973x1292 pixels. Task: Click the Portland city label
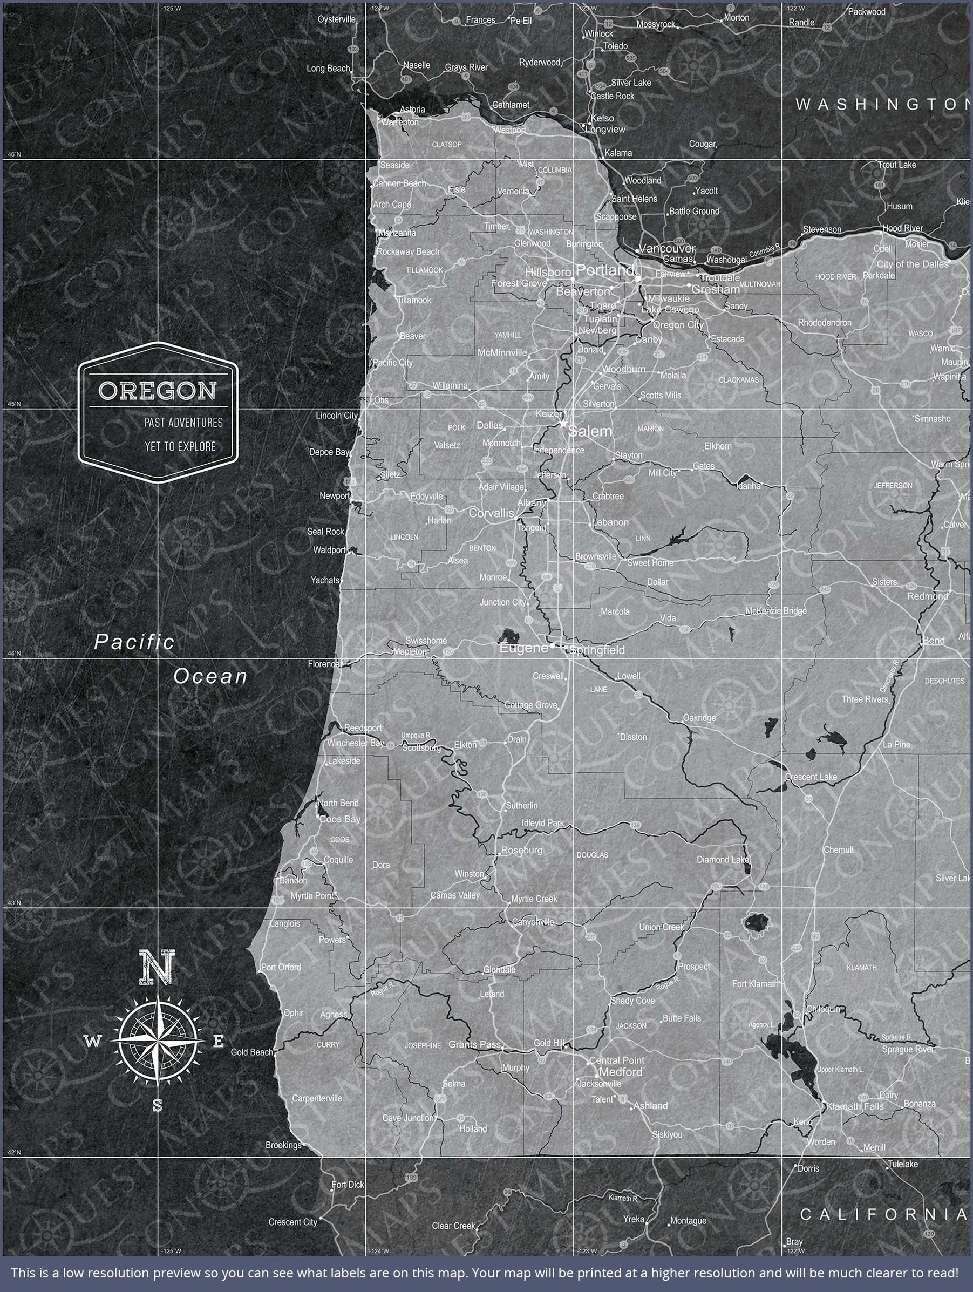tap(604, 270)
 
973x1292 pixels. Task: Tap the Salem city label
tap(590, 431)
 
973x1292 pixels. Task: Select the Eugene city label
tap(523, 648)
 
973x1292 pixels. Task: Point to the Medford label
tap(621, 1072)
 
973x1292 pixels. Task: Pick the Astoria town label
tap(412, 109)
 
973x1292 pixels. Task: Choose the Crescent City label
tap(292, 1222)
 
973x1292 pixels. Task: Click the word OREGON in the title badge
tap(157, 391)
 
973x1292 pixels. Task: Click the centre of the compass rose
tap(157, 1041)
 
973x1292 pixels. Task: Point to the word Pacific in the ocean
tap(134, 642)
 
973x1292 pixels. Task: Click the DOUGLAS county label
tap(592, 854)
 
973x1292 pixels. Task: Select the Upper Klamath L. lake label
tap(840, 1069)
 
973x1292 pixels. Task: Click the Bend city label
tap(933, 640)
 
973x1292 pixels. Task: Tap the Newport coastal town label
tap(334, 496)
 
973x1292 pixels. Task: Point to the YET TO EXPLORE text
tap(180, 446)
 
